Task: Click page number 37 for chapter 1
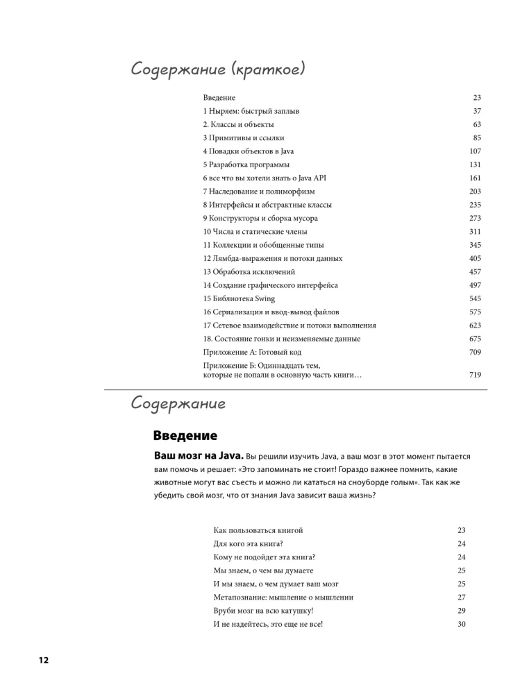[x=477, y=111]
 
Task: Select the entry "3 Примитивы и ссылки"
[x=244, y=138]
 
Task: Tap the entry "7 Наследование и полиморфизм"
[x=259, y=192]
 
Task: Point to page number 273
[x=475, y=218]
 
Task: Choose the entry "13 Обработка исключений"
[x=249, y=272]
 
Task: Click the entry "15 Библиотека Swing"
[x=239, y=298]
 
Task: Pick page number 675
[x=475, y=339]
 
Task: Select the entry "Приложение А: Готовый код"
[x=252, y=353]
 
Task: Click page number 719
[x=475, y=375]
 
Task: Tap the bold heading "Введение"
[x=185, y=436]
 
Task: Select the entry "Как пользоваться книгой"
[x=258, y=530]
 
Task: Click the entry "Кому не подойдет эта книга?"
[x=264, y=557]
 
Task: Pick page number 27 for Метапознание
[x=462, y=597]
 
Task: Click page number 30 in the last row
[x=462, y=624]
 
